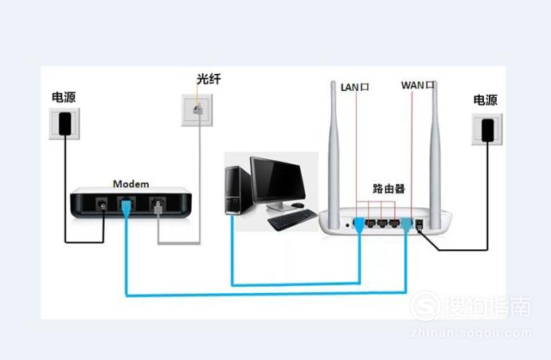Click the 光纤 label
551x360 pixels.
tap(209, 80)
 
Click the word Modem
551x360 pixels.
tap(131, 183)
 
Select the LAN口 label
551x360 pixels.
tap(354, 85)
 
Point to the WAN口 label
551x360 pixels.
tap(418, 85)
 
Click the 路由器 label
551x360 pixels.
tap(389, 189)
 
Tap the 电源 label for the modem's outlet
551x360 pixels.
tap(64, 97)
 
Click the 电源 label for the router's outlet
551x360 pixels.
tap(486, 100)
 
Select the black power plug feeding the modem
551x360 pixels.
tap(65, 123)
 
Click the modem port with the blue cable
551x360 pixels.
tap(127, 206)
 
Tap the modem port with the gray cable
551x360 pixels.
tap(158, 206)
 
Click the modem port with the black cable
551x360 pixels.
tap(102, 205)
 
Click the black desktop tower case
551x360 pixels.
tap(236, 190)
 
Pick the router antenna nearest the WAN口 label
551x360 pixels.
tap(437, 143)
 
